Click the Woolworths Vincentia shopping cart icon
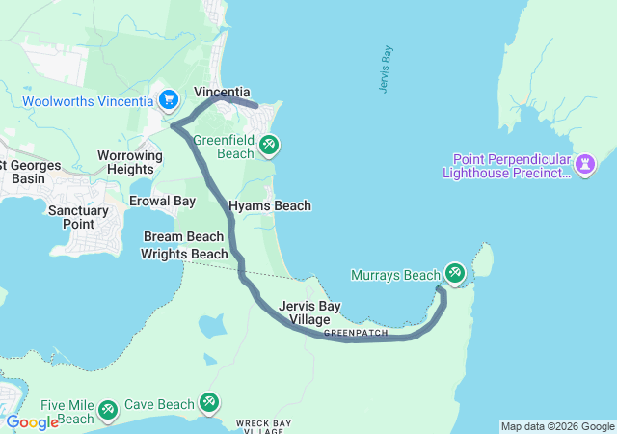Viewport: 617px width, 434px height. tap(169, 99)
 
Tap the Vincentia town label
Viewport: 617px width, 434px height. tap(222, 93)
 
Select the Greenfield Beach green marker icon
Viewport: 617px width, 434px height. tap(270, 145)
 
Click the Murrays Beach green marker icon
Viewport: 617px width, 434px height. tap(453, 274)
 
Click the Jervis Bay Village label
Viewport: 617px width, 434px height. tap(309, 312)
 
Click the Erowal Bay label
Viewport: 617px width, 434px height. tap(163, 201)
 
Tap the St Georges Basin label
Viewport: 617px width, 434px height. tap(29, 172)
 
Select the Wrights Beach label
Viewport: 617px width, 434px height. tap(184, 254)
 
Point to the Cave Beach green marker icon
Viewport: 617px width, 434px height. tap(209, 402)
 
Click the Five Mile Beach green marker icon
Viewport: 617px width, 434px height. tap(108, 409)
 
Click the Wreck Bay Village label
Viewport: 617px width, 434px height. tap(252, 426)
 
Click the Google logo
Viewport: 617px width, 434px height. tap(32, 422)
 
